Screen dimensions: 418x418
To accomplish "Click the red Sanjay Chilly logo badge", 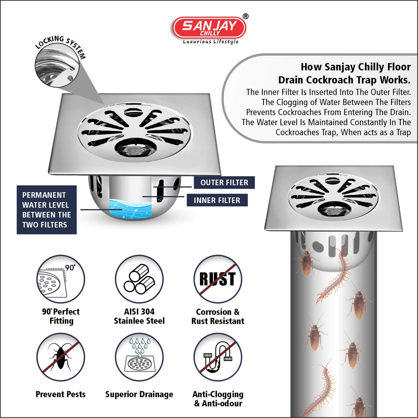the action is pyautogui.click(x=209, y=28).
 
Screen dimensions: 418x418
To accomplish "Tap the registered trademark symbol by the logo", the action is pyautogui.click(x=245, y=16).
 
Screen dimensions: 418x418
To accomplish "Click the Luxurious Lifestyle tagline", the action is pyautogui.click(x=211, y=42).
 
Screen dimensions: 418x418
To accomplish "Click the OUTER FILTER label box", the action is pyautogui.click(x=224, y=183).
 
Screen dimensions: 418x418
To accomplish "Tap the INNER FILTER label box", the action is pyautogui.click(x=217, y=200).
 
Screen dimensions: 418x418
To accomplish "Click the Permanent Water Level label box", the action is pyautogui.click(x=47, y=209).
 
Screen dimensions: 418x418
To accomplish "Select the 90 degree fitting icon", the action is pyautogui.click(x=60, y=279).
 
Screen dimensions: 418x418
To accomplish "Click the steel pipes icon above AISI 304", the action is pyautogui.click(x=139, y=279).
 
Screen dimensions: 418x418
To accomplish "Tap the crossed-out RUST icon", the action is pyautogui.click(x=218, y=279).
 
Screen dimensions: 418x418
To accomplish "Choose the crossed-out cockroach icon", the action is pyautogui.click(x=60, y=357).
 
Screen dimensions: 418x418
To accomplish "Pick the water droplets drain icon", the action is pyautogui.click(x=139, y=357).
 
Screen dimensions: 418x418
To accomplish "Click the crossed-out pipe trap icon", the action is pyautogui.click(x=218, y=357).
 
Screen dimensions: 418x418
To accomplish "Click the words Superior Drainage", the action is pyautogui.click(x=139, y=394).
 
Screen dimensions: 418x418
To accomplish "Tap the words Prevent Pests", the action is pyautogui.click(x=60, y=394).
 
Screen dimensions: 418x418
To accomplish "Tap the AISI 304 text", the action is pyautogui.click(x=139, y=312).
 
